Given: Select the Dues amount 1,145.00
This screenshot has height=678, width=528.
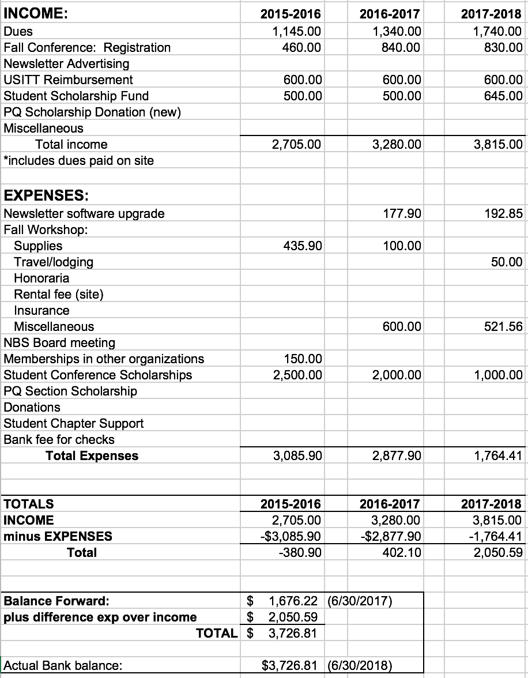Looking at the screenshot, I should (297, 31).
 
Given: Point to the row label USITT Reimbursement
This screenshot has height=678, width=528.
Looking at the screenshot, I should (68, 80).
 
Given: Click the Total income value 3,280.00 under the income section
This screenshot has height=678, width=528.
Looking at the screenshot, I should (397, 144).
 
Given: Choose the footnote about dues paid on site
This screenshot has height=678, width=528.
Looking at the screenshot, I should (79, 160).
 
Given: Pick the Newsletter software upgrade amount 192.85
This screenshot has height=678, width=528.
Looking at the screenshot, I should (503, 213).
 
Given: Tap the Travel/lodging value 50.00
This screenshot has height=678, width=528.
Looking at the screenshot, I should (507, 262).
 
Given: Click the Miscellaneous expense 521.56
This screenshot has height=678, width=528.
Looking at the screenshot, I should (503, 326).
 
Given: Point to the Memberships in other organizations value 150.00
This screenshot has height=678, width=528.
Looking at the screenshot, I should (303, 359).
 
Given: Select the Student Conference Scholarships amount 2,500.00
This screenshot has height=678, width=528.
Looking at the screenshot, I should (297, 375).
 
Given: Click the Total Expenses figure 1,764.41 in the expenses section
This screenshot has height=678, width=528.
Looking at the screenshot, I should (499, 455).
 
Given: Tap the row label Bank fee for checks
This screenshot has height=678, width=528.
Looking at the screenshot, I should (59, 439).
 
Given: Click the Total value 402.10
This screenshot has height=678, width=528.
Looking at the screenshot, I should (402, 552).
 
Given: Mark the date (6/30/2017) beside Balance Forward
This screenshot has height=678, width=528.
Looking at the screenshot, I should (360, 601).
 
